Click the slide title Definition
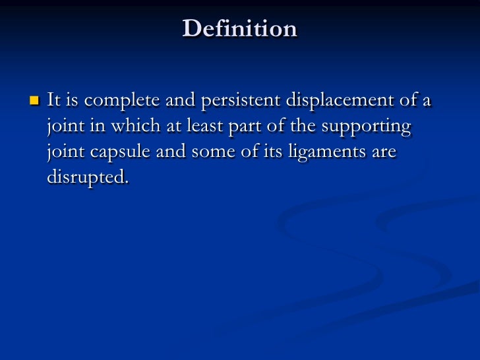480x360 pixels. click(x=240, y=28)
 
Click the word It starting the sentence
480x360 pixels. click(x=54, y=100)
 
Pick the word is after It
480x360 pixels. click(x=73, y=100)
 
